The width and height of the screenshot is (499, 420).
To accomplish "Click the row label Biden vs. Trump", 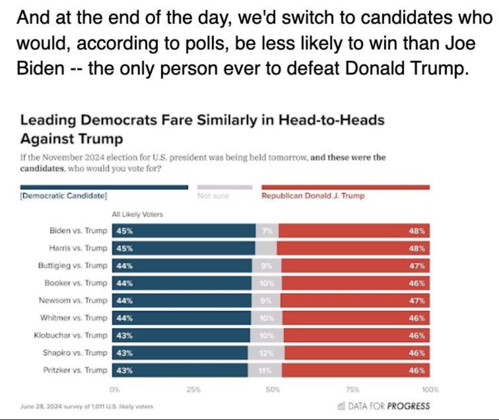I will tap(78, 230).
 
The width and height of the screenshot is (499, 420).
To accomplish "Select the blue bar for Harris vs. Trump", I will tap(183, 248).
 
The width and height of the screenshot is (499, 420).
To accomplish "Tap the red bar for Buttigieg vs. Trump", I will tap(355, 265).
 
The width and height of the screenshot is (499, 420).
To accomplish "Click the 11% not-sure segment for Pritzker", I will tap(265, 370).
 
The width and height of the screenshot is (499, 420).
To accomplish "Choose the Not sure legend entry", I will tap(213, 195).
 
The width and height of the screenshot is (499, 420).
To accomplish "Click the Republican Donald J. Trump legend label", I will tap(313, 195).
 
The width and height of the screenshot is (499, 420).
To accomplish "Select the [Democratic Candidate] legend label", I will tap(63, 195).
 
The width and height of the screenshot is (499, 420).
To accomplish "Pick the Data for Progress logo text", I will tap(385, 406).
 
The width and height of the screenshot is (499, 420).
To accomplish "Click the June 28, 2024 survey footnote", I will tap(87, 406).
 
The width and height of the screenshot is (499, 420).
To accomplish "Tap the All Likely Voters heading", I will tap(137, 214).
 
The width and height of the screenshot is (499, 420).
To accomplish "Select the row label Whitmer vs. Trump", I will tap(74, 318).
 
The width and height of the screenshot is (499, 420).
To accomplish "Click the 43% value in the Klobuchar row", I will tap(124, 335).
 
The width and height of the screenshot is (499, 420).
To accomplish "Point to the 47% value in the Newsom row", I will tap(417, 300).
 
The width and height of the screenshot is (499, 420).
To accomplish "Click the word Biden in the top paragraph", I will tap(40, 68).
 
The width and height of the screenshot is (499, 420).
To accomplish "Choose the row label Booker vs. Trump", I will tap(76, 283).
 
